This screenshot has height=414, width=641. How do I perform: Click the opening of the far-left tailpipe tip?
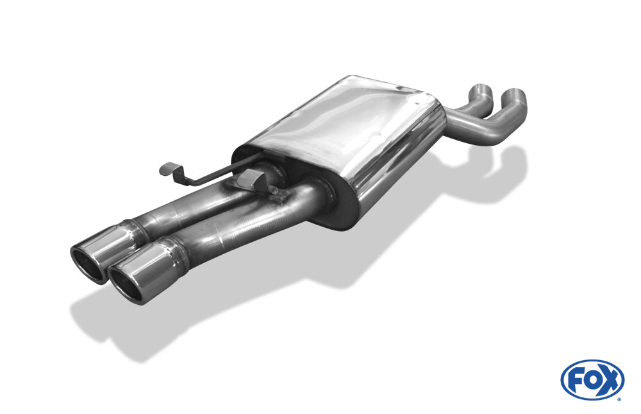coord(88,263)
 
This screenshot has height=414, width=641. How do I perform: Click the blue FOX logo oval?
coord(592,380)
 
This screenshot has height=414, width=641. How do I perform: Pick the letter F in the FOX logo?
coord(575,380)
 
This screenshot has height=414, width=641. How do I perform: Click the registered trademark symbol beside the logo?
coord(619,399)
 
